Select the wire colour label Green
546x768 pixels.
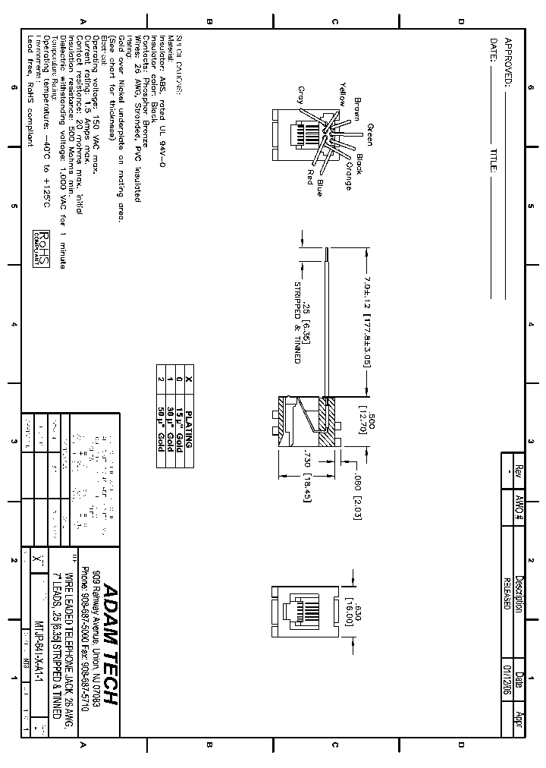tap(369, 134)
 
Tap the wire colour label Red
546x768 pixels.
tap(309, 177)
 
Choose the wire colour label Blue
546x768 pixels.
tap(320, 187)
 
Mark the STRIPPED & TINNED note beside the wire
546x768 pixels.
tap(297, 322)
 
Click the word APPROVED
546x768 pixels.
tap(507, 61)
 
